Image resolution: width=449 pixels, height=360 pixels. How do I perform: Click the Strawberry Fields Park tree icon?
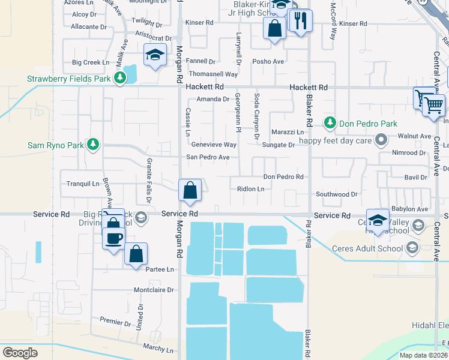[121, 78]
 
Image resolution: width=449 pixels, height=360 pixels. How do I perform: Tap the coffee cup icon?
[113, 238]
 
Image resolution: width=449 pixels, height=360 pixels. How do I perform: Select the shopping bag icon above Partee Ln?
[136, 254]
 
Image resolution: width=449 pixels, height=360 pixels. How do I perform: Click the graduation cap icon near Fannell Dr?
[154, 55]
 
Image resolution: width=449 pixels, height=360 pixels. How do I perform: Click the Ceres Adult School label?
[377, 247]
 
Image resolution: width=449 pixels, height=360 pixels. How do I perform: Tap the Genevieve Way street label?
[214, 145]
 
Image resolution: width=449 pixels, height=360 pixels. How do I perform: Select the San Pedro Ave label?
[208, 157]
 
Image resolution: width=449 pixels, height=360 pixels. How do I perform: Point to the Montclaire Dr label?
[154, 289]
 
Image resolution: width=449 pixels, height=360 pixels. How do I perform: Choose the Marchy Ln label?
[158, 348]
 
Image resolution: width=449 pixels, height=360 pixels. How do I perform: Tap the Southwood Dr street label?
[337, 194]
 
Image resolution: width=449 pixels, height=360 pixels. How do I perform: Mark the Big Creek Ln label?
[91, 62]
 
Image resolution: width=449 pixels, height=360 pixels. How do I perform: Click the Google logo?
[20, 352]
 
